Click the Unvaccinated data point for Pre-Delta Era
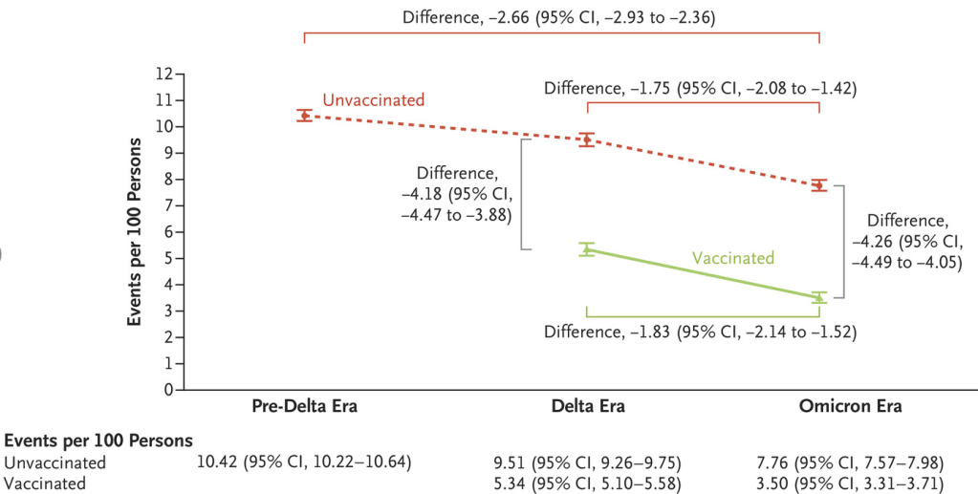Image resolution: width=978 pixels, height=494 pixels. point(304,116)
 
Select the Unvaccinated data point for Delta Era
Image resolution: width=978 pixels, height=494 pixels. point(587,140)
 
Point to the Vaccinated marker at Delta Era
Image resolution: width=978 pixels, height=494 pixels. point(587,249)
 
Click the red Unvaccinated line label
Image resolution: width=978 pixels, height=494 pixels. point(373,99)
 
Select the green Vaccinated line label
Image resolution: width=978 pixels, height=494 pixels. point(733,257)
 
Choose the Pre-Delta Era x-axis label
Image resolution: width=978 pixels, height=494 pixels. point(304,406)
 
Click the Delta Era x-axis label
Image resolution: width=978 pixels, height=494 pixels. point(587,406)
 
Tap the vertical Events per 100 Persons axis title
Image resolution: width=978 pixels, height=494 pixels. point(138,231)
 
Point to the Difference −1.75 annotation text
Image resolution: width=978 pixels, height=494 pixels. point(700,88)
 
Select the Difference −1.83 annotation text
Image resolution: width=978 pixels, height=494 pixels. point(700,332)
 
